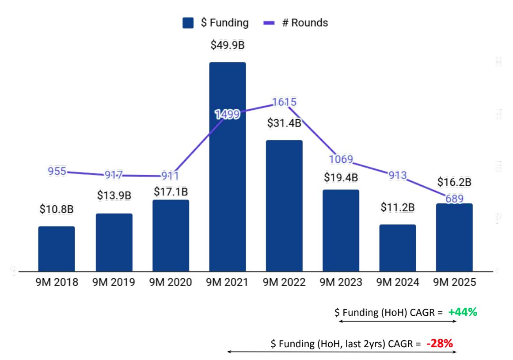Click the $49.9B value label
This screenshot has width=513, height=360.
point(228,45)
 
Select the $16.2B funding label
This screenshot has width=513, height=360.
point(454,182)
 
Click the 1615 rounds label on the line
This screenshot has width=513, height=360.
point(284,102)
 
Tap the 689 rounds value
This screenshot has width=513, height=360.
point(454,199)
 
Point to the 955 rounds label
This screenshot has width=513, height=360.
point(57,171)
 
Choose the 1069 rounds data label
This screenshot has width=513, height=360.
point(341,160)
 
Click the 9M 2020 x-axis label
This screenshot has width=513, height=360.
point(171,282)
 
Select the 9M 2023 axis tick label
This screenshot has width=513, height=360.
point(341,282)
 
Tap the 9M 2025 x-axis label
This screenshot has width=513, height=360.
point(454,282)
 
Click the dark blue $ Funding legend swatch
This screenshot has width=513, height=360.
point(188,23)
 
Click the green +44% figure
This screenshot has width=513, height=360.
point(463,312)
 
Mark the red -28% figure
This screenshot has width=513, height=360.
point(440,343)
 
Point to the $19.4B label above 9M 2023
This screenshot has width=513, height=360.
point(341,178)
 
